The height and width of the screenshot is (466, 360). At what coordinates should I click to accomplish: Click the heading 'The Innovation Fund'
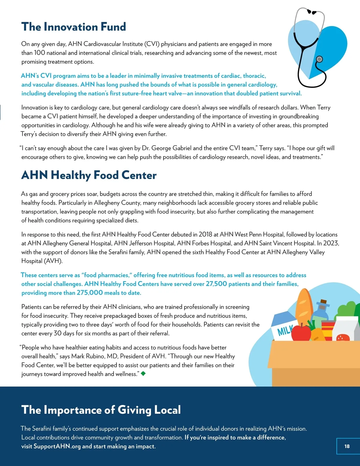tap(73, 27)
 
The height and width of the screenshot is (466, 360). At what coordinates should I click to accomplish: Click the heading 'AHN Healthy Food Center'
tap(89, 175)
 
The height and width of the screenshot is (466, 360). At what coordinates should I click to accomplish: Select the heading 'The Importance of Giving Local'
tap(101, 410)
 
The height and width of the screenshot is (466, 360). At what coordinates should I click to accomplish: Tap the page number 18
tap(347, 446)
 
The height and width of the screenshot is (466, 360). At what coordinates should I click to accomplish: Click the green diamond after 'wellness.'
tap(143, 374)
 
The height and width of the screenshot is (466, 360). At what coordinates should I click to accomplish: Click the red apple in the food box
tap(301, 332)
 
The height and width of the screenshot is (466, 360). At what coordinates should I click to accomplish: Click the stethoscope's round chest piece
tap(319, 59)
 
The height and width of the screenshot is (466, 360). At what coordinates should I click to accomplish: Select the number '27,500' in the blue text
tap(216, 284)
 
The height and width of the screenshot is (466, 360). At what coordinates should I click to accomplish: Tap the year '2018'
tap(205, 235)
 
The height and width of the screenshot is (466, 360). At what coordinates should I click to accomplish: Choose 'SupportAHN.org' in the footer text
tap(57, 446)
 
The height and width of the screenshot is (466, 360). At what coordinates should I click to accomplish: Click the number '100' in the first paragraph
tap(40, 53)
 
